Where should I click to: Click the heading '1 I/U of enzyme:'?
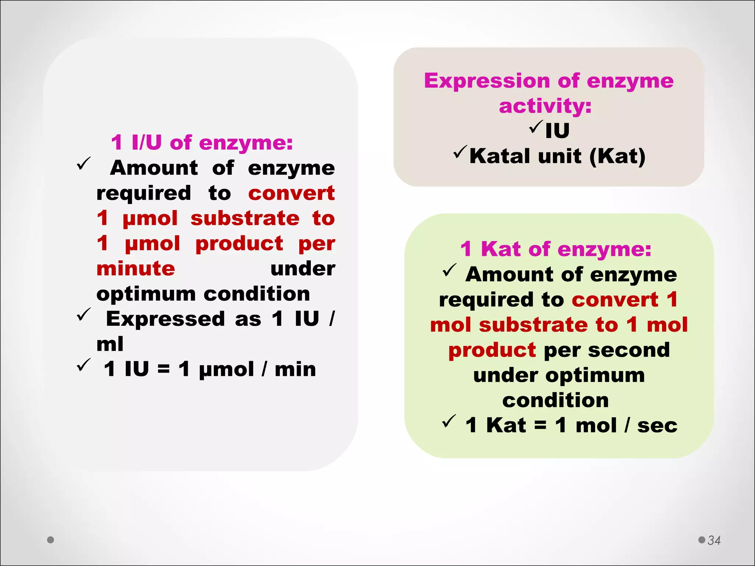pos(202,143)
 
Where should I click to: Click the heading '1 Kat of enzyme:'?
pos(556,249)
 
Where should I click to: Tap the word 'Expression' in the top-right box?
pos(487,81)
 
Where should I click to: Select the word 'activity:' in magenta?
pos(545,106)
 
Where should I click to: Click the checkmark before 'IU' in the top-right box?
pos(536,127)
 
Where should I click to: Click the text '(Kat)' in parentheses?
pos(617,156)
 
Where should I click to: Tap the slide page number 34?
pos(714,540)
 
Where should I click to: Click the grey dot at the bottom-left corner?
pos(51,540)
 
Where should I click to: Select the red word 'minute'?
pos(136,269)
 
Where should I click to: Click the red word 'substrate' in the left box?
pos(245,218)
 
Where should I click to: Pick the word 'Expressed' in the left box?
pos(165,319)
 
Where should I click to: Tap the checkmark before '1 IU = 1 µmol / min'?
pos(84,365)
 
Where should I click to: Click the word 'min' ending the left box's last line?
pos(295,369)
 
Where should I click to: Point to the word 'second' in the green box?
pos(629,350)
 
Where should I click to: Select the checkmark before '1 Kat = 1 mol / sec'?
pos(449,421)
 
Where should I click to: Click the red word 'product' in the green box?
pos(492,350)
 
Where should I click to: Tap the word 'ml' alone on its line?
pos(110,344)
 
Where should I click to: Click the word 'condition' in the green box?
pos(555,401)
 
